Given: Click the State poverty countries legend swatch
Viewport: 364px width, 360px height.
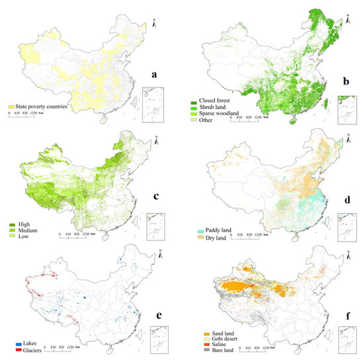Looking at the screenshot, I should pyautogui.click(x=11, y=107).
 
